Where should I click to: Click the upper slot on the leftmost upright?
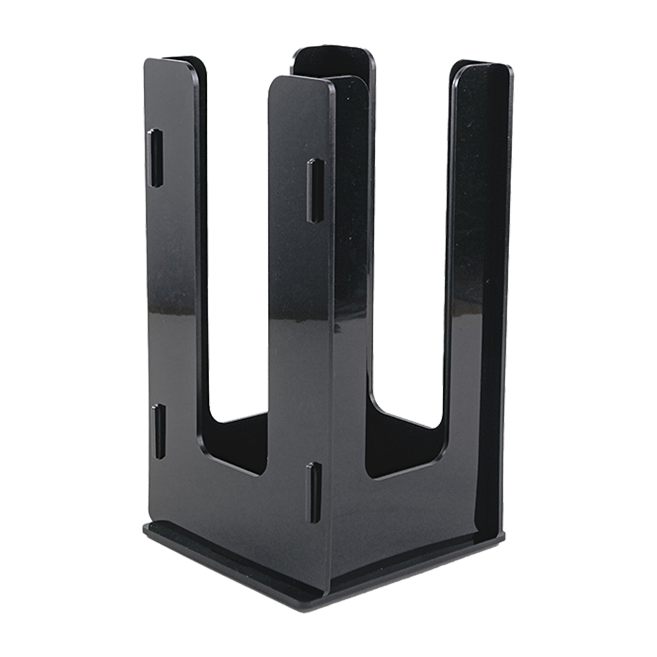[155, 158]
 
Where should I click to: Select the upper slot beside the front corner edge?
[313, 191]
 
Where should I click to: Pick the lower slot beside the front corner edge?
[314, 492]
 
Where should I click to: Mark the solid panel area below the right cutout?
[407, 519]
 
